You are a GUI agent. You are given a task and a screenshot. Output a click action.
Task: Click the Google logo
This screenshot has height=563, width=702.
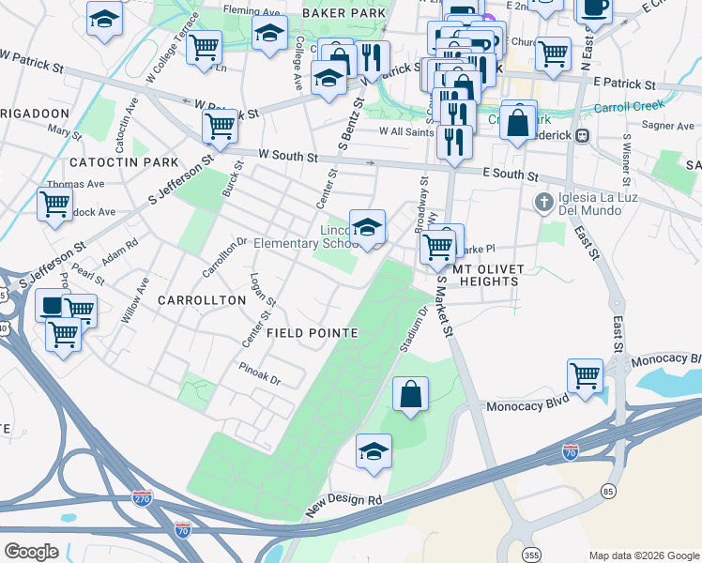click(32, 551)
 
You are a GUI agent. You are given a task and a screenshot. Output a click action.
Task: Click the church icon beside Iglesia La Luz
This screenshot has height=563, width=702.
click(543, 202)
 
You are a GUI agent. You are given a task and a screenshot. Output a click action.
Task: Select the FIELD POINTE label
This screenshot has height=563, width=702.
click(312, 333)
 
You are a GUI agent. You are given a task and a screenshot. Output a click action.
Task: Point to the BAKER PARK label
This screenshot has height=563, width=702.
click(343, 14)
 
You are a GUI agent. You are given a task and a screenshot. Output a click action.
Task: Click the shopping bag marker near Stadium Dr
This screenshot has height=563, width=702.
click(411, 393)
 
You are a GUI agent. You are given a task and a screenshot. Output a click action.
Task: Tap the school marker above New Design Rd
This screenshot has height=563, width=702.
click(374, 451)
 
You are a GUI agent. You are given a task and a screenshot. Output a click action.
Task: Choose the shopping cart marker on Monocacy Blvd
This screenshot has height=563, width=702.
click(586, 374)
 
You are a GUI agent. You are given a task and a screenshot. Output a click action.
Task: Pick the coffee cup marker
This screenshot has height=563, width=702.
click(593, 8)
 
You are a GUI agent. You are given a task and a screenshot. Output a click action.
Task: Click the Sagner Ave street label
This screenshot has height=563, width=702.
click(668, 126)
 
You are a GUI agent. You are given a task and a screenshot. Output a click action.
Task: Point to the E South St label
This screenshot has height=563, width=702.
click(511, 175)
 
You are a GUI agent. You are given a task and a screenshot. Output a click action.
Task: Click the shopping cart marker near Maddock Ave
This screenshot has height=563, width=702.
click(54, 202)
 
